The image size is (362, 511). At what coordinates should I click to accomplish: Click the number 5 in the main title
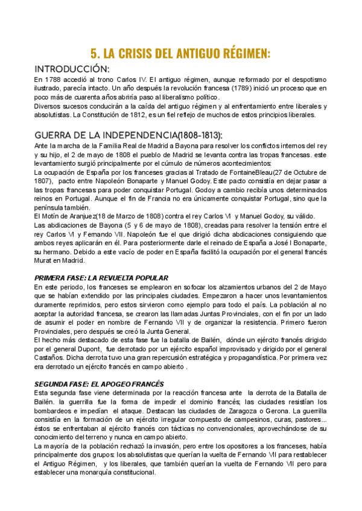pyautogui.click(x=95, y=53)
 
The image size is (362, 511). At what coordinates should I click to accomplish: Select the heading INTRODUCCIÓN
pyautogui.click(x=72, y=68)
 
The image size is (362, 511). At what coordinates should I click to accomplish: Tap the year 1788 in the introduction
pyautogui.click(x=54, y=79)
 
